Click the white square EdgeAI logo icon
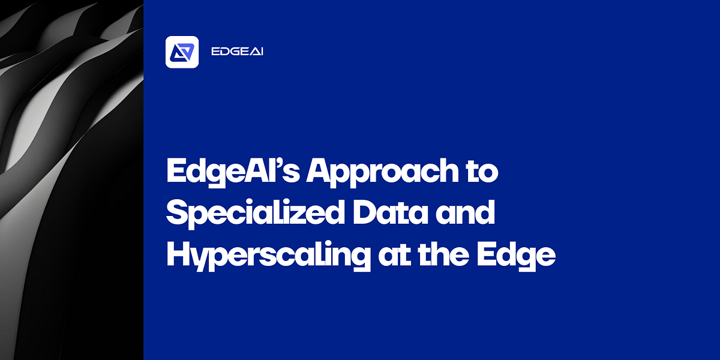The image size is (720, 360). (x=182, y=52)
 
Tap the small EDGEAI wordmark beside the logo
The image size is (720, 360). (x=238, y=52)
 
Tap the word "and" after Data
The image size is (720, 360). (x=474, y=214)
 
